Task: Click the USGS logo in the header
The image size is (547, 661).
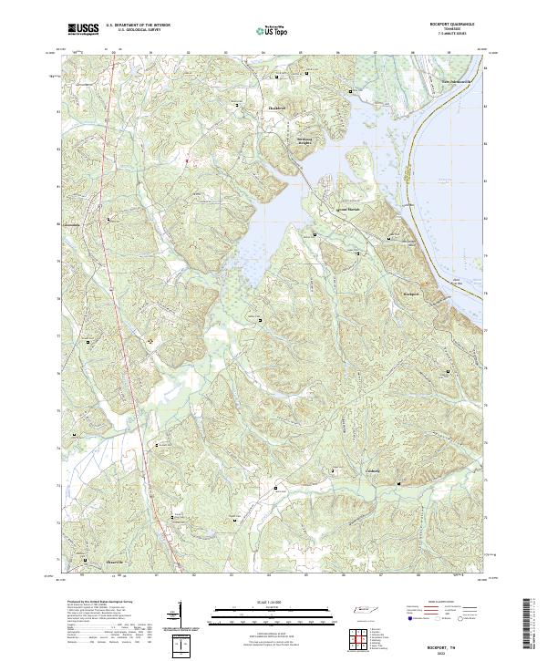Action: tap(83, 29)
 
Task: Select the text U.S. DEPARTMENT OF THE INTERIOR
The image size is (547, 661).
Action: tap(138, 25)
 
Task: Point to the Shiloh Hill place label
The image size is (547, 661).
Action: tap(276, 108)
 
